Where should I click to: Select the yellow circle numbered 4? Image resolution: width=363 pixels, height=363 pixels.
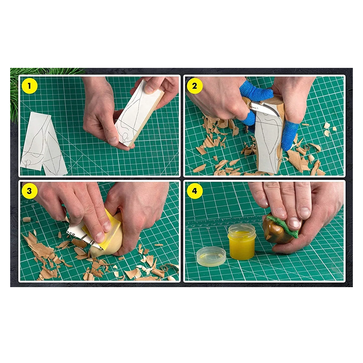click(195, 191)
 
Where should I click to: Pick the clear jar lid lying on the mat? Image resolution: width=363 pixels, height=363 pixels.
click(211, 256)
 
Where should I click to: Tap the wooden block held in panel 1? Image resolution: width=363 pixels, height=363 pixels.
click(140, 113)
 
